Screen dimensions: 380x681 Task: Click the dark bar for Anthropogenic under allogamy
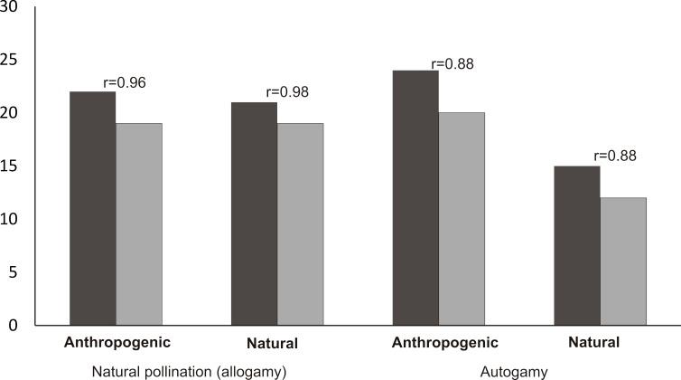(x=92, y=208)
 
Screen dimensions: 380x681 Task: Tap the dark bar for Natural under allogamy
(x=254, y=214)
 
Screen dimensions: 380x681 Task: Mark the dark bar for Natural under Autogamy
(x=577, y=245)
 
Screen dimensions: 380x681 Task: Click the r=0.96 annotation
(x=125, y=82)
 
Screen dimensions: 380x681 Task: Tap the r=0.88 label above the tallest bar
(x=452, y=63)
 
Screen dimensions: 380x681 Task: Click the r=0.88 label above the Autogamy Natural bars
(x=615, y=156)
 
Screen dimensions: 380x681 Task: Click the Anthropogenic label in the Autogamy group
(x=445, y=343)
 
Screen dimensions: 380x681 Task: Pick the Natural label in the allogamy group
(x=271, y=344)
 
